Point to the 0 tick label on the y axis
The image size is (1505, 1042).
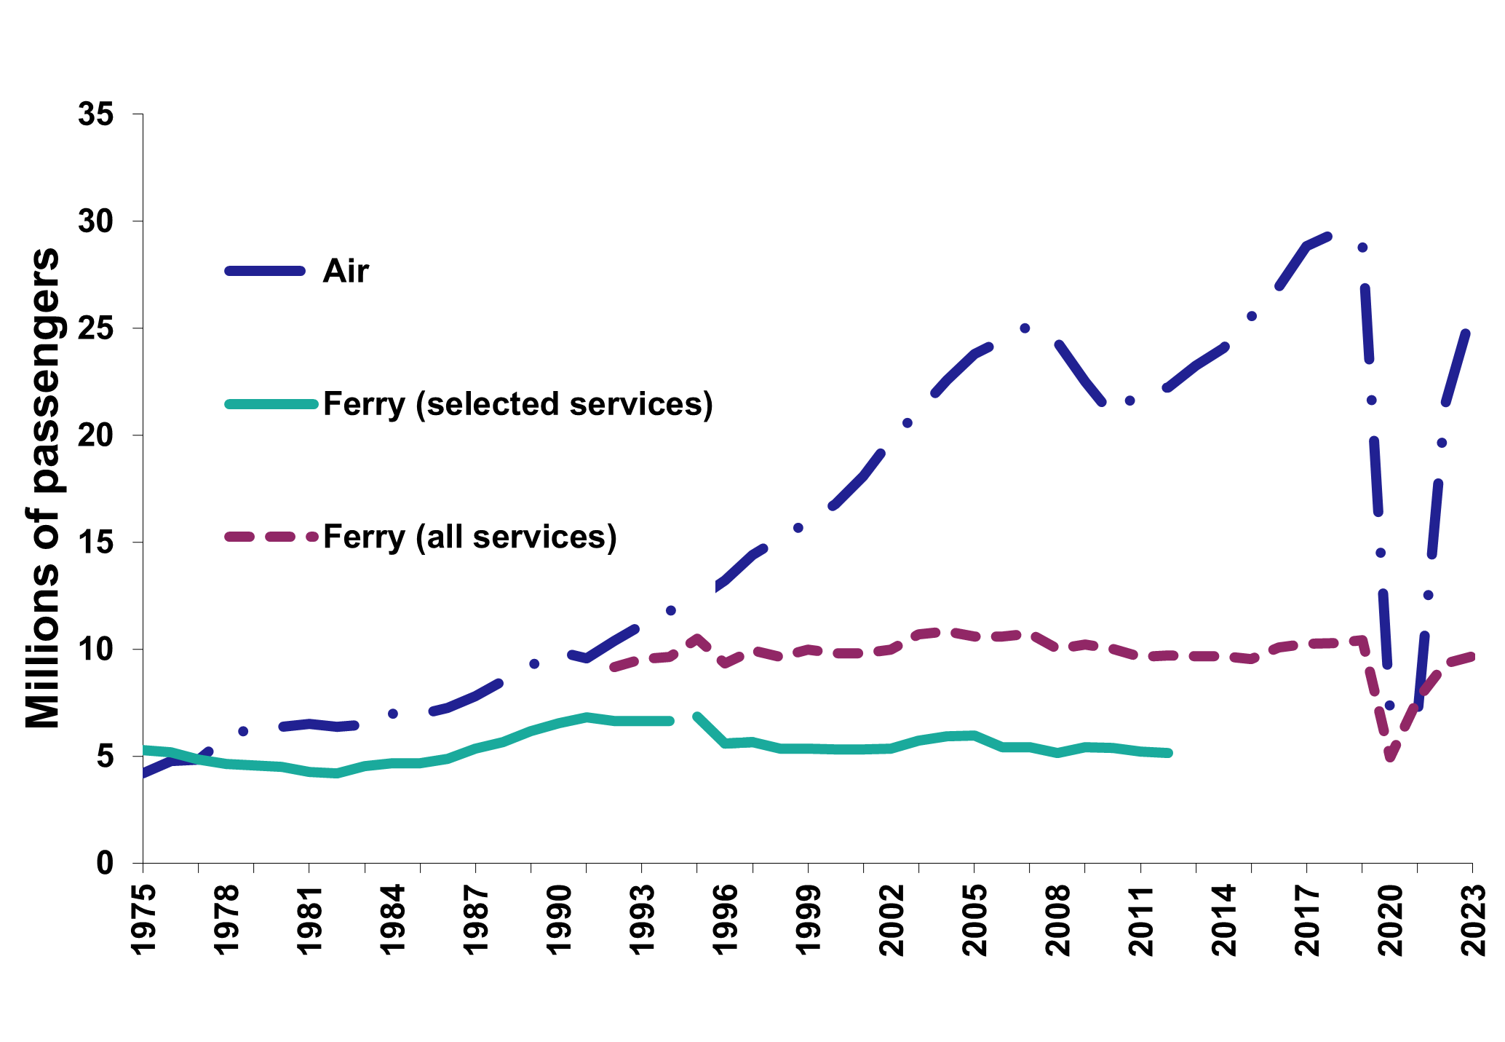pyautogui.click(x=106, y=864)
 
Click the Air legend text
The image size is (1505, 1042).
pyautogui.click(x=346, y=272)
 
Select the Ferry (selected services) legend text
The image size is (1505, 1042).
pyautogui.click(x=517, y=404)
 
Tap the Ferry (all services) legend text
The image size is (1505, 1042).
pyautogui.click(x=469, y=537)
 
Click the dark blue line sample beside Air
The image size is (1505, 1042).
pyautogui.click(x=264, y=271)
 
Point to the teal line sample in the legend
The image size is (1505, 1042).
pyautogui.click(x=271, y=403)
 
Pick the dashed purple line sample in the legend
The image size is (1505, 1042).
pyautogui.click(x=271, y=537)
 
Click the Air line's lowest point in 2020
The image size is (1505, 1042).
pyautogui.click(x=1389, y=705)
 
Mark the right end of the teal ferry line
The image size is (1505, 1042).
pyautogui.click(x=1169, y=753)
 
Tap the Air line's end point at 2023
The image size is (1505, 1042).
pyautogui.click(x=1466, y=333)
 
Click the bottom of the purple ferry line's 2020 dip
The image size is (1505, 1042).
pyautogui.click(x=1390, y=758)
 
